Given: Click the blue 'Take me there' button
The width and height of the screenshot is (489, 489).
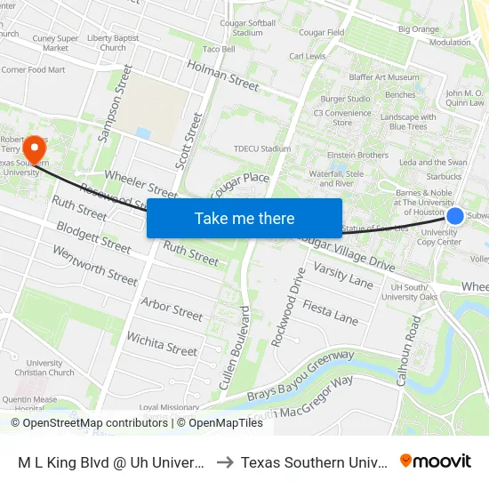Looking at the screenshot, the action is pyautogui.click(x=244, y=218).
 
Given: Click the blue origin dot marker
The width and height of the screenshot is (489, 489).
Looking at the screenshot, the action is pyautogui.click(x=454, y=216).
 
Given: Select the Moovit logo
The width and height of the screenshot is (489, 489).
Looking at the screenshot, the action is pyautogui.click(x=436, y=461).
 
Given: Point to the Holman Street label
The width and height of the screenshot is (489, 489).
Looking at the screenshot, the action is pyautogui.click(x=222, y=76).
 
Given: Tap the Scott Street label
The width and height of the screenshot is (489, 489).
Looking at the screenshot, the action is pyautogui.click(x=190, y=140).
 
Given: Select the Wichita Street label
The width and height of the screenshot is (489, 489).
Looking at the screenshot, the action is pyautogui.click(x=161, y=343).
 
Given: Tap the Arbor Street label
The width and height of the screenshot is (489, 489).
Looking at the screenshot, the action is pyautogui.click(x=172, y=310).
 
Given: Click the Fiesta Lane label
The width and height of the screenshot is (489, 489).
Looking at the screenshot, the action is pyautogui.click(x=330, y=312).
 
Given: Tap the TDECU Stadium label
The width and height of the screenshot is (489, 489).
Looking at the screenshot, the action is pyautogui.click(x=261, y=148).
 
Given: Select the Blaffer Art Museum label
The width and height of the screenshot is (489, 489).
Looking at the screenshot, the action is pyautogui.click(x=384, y=77).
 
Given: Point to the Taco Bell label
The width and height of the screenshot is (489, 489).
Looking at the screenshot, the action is pyautogui.click(x=219, y=49).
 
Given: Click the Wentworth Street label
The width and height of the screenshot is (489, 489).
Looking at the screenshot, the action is pyautogui.click(x=95, y=264).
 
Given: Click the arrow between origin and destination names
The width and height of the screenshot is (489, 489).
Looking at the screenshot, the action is pyautogui.click(x=225, y=462).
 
